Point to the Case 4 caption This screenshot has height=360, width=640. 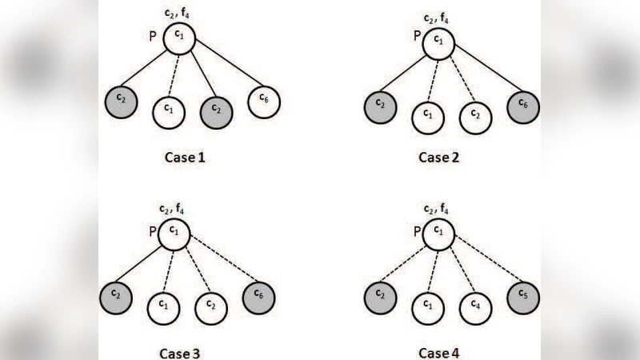pyautogui.click(x=439, y=352)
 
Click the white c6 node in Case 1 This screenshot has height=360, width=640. pyautogui.click(x=263, y=102)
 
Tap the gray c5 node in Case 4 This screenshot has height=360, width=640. pyautogui.click(x=523, y=298)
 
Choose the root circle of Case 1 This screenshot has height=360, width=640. pyautogui.click(x=179, y=39)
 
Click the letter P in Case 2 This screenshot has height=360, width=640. pyautogui.click(x=416, y=36)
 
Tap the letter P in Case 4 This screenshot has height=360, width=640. pyautogui.click(x=417, y=232)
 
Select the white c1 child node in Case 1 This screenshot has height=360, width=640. pyautogui.click(x=169, y=110)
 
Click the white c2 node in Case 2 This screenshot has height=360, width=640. pyautogui.click(x=474, y=116)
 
